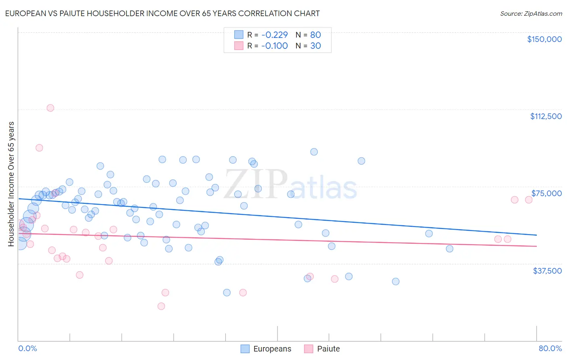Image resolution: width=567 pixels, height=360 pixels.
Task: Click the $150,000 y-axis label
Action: pyautogui.click(x=544, y=39)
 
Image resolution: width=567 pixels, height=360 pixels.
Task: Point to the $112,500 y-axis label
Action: pyautogui.click(x=546, y=116)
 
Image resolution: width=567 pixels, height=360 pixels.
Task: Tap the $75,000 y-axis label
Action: pyautogui.click(x=546, y=193)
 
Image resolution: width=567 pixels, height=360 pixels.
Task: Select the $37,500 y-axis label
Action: pyautogui.click(x=547, y=271)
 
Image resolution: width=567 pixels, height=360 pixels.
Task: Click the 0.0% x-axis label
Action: pyautogui.click(x=27, y=348)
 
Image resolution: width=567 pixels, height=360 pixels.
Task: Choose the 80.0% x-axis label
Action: pyautogui.click(x=550, y=348)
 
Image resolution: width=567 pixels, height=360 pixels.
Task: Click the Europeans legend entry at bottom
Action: pyautogui.click(x=272, y=349)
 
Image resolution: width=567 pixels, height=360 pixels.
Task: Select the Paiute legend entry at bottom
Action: pyautogui.click(x=328, y=349)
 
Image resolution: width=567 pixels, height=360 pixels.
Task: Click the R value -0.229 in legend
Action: pyautogui.click(x=274, y=35)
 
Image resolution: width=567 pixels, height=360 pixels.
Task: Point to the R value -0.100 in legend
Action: pyautogui.click(x=274, y=46)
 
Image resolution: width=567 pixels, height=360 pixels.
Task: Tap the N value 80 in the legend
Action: pyautogui.click(x=315, y=35)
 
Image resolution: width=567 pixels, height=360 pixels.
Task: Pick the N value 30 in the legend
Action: pyautogui.click(x=315, y=46)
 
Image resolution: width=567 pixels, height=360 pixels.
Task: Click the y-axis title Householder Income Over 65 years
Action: pyautogui.click(x=11, y=184)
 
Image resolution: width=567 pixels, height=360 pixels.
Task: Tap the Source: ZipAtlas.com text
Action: pyautogui.click(x=531, y=13)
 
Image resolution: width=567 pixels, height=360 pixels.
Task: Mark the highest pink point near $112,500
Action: pyautogui.click(x=50, y=108)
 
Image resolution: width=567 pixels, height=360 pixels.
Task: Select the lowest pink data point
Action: pyautogui.click(x=161, y=306)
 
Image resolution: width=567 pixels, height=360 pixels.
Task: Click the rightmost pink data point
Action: pyautogui.click(x=529, y=200)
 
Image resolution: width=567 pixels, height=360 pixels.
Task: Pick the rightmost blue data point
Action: pyautogui.click(x=450, y=249)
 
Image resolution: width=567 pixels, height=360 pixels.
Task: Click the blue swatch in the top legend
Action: pyautogui.click(x=239, y=35)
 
